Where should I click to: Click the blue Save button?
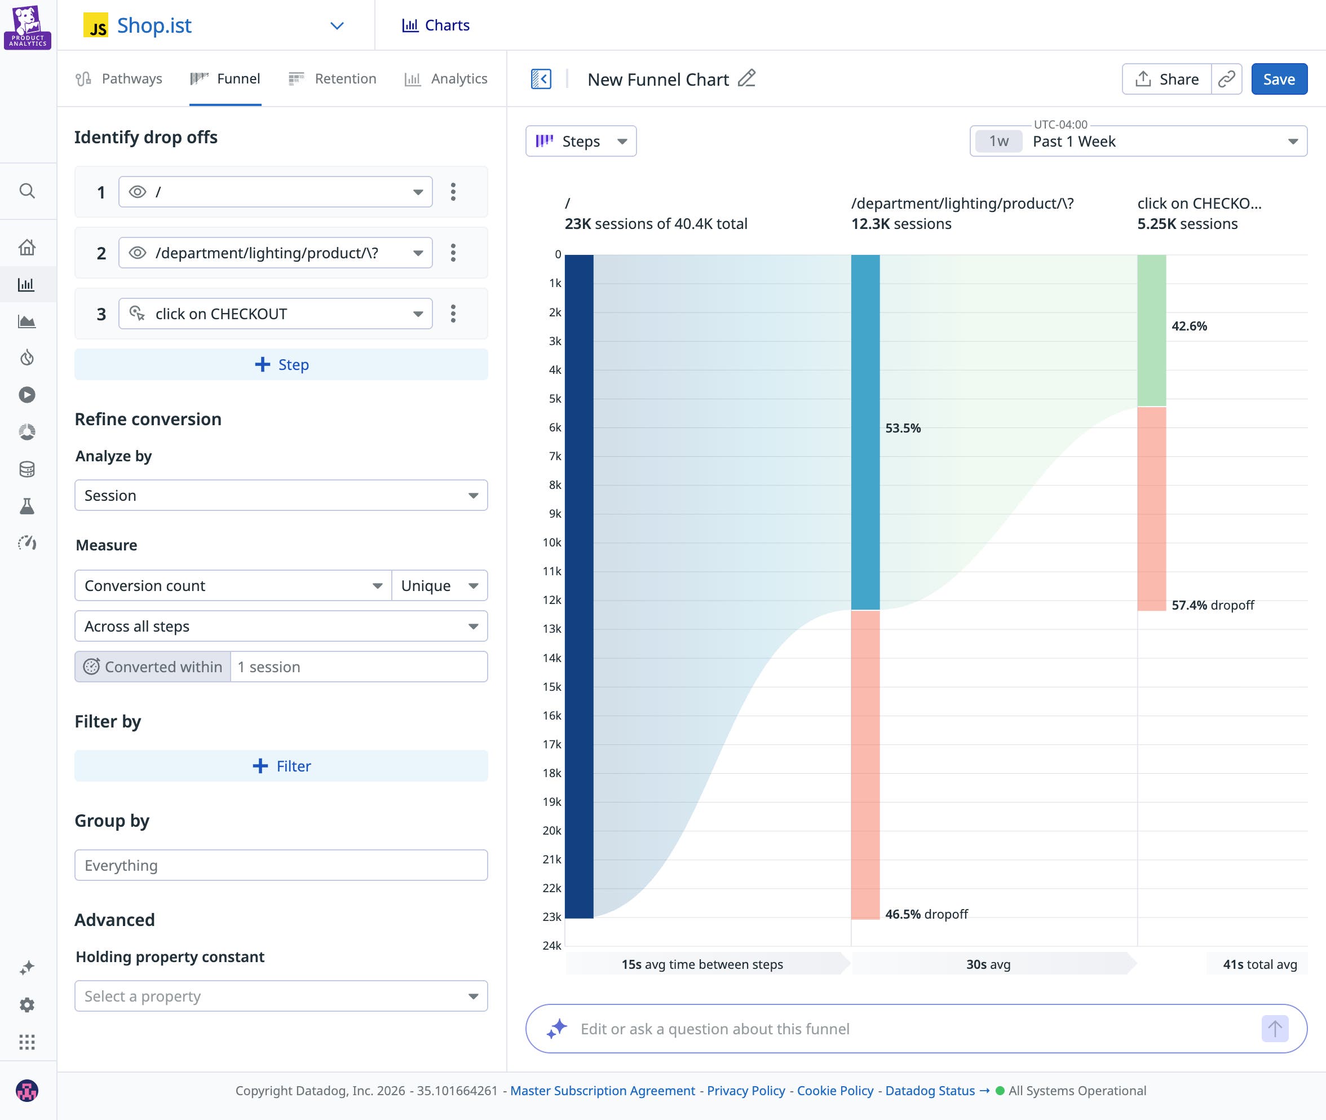point(1279,80)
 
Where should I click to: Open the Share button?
point(1166,80)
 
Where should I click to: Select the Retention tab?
point(333,79)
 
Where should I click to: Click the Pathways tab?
point(120,79)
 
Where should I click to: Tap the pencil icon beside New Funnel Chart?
point(746,79)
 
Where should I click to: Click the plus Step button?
point(281,364)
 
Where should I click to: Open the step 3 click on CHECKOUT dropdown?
point(276,314)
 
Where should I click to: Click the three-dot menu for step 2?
point(453,253)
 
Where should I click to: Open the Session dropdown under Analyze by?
point(281,495)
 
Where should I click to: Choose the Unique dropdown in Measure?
point(439,585)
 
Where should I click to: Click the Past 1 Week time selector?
point(1138,141)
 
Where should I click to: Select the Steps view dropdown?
point(581,141)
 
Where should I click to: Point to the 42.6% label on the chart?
point(1189,327)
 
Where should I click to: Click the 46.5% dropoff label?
point(926,914)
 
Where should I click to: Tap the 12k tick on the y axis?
point(551,600)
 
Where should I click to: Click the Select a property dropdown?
point(281,996)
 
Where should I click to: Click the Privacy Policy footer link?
point(746,1091)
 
